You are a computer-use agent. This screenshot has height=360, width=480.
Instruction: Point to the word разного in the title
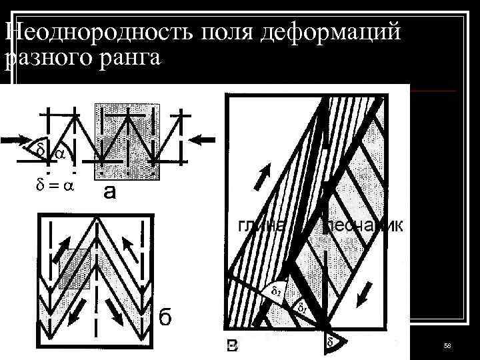43,58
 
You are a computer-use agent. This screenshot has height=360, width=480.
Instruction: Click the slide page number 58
447,344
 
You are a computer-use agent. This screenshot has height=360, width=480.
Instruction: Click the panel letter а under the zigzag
110,193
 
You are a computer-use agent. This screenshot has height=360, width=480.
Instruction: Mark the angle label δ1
301,308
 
